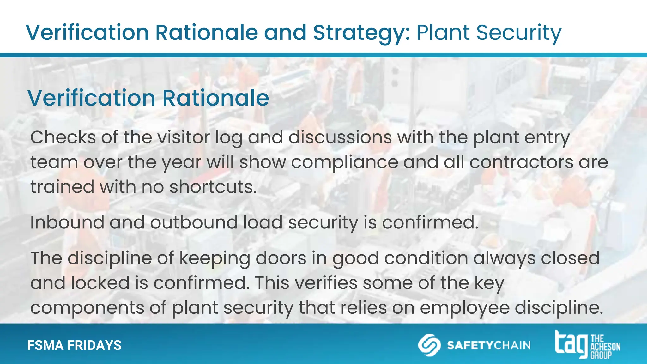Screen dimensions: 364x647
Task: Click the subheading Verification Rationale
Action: pos(148,98)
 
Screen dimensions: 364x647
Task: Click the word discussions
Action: pos(340,137)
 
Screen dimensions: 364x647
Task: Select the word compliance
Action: pos(344,162)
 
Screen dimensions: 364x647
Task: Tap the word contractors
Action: pos(521,162)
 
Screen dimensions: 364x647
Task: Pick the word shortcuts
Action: pos(213,187)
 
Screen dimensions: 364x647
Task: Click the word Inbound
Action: pos(67,222)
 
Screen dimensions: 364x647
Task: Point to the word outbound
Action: pos(194,222)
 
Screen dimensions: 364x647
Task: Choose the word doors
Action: pos(281,258)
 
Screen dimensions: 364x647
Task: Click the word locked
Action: pos(100,283)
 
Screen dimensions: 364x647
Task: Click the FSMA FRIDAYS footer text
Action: pos(74,345)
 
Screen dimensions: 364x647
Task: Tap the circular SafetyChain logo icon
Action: pos(429,345)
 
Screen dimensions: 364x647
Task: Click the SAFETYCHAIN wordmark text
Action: pos(488,345)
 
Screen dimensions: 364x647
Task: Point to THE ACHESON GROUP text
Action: pos(605,347)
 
